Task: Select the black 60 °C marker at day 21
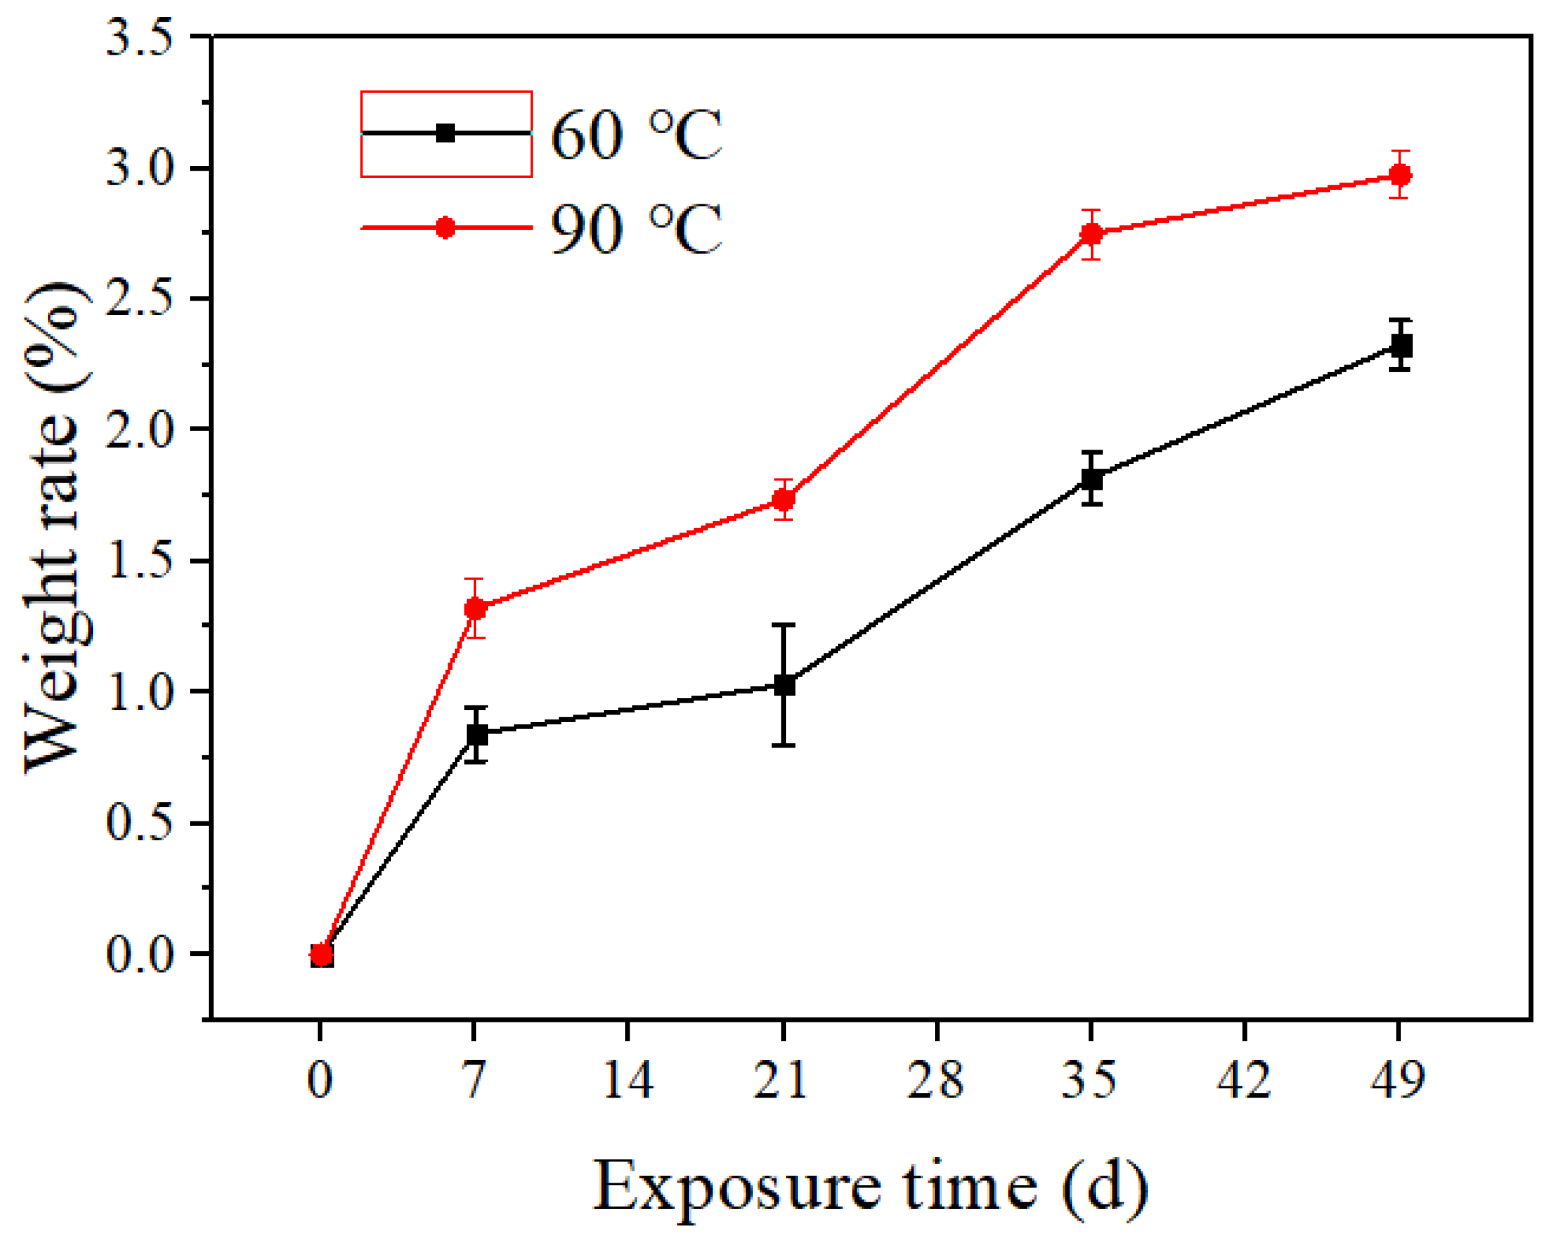point(784,685)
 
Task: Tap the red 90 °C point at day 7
point(475,608)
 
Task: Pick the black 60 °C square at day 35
point(1092,479)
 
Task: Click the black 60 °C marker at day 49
point(1400,345)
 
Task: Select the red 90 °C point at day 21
point(784,499)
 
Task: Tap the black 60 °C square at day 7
point(476,734)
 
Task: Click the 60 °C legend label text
point(635,135)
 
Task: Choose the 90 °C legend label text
point(635,229)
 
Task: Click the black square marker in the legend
point(445,133)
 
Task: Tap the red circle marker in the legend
point(445,228)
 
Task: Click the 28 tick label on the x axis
point(936,1080)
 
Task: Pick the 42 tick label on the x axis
point(1244,1080)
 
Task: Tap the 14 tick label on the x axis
point(628,1080)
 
